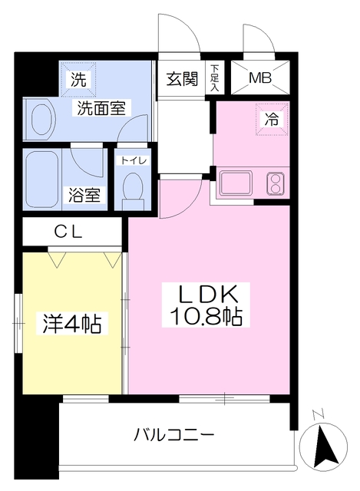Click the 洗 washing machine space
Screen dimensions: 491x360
[x=78, y=77]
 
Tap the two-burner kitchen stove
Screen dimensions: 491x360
[x=275, y=183]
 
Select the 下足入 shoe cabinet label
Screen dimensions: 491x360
[x=216, y=77]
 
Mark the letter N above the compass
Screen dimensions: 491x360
[x=319, y=415]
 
